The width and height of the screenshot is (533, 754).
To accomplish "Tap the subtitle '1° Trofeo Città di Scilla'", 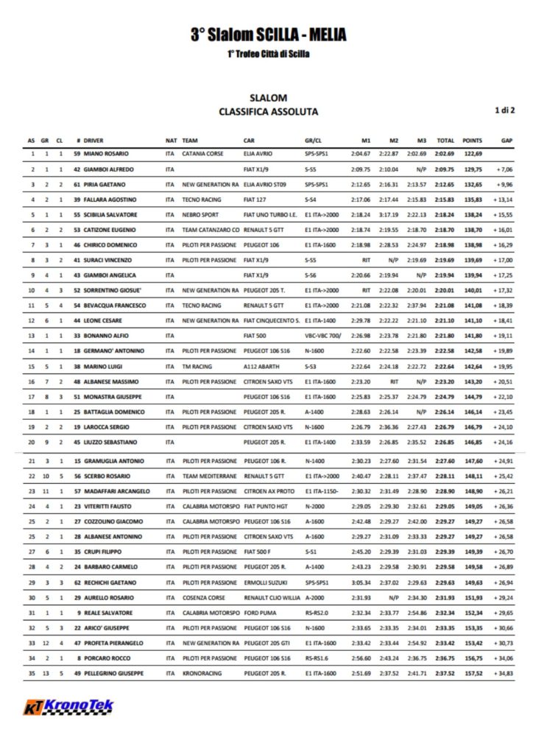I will click(x=268, y=54).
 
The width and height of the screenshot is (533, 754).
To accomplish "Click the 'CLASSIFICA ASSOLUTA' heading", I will click(x=268, y=112).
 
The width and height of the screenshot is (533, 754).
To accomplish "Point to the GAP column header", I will click(x=506, y=140).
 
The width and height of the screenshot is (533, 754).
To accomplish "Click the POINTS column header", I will click(x=472, y=140).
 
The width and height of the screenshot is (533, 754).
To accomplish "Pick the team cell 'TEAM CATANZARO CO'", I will click(x=210, y=230).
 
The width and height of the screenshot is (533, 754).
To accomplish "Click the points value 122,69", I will click(x=472, y=154).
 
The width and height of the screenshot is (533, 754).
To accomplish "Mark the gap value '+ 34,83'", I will click(x=504, y=673).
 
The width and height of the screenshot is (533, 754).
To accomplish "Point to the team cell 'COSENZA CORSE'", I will click(x=204, y=597).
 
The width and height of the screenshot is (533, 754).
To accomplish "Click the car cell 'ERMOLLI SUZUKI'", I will click(x=264, y=582).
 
